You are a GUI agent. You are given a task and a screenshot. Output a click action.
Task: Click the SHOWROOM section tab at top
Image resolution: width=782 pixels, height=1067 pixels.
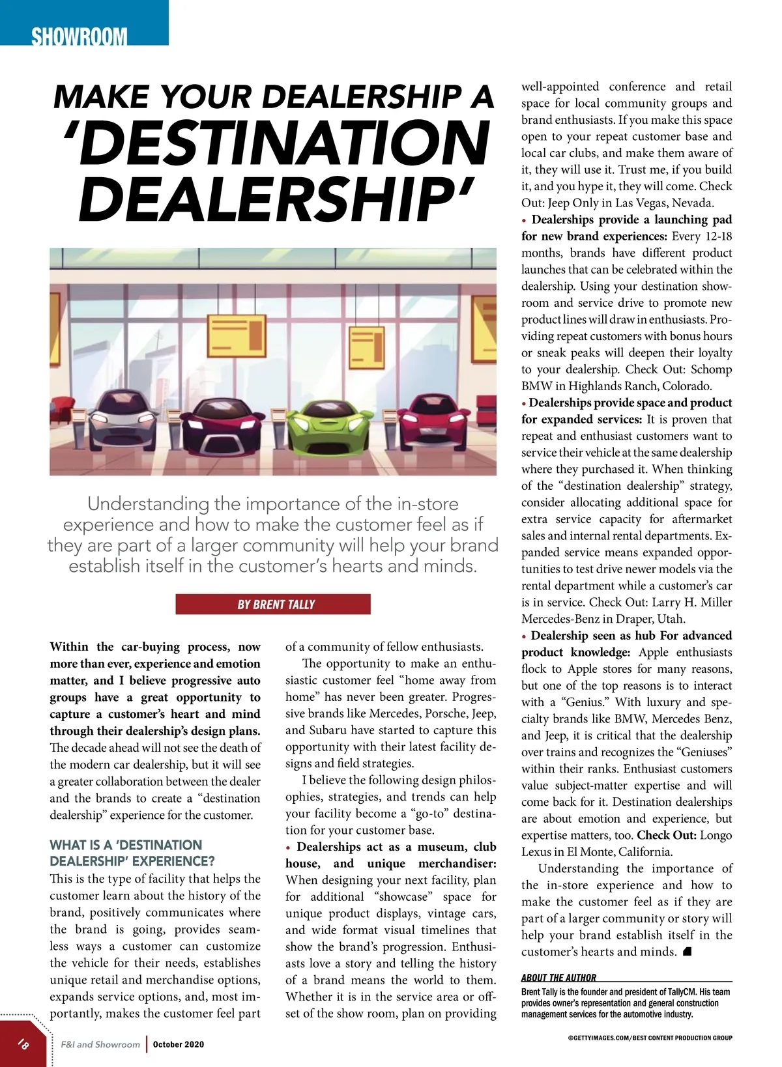coord(80,35)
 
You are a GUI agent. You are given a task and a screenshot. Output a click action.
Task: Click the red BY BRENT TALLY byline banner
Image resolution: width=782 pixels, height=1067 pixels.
coord(273,605)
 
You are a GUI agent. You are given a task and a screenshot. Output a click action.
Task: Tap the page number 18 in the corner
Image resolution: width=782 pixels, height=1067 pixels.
coord(23,1044)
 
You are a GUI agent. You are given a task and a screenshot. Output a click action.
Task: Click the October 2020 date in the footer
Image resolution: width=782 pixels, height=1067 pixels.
coord(179,1044)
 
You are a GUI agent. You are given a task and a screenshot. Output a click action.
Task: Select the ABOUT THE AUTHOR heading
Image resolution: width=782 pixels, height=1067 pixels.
coord(558,977)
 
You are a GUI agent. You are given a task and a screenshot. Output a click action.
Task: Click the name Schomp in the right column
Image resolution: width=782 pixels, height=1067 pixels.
coord(711,369)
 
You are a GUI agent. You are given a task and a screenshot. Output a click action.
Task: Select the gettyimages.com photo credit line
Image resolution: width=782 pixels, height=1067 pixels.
coord(650,1038)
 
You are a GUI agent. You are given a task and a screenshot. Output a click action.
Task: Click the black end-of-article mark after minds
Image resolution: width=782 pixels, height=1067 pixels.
coord(687,952)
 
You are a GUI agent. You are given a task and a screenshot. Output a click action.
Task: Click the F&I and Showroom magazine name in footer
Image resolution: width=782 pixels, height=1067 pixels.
coord(100,1044)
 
